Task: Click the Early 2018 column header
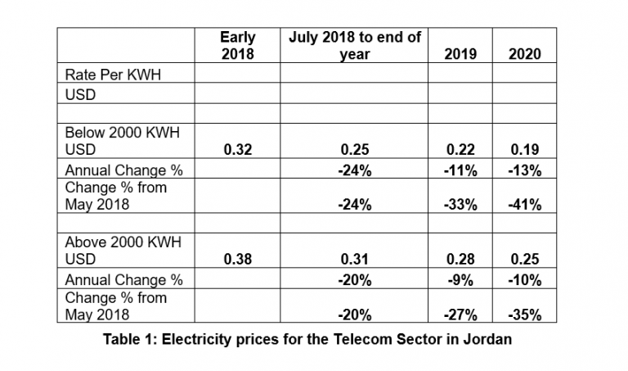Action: (238, 45)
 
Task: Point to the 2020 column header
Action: (524, 53)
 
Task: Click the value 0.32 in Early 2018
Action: (238, 151)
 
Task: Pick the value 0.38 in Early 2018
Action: (238, 260)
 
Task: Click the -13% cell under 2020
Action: (524, 170)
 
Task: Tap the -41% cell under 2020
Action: (524, 206)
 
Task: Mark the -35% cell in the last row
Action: (524, 315)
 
